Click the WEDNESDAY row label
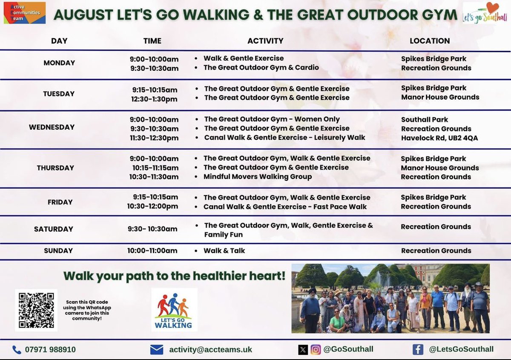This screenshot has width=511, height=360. tap(52, 127)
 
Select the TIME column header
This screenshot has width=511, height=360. tap(152, 41)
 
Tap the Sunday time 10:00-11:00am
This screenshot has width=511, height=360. tap(152, 251)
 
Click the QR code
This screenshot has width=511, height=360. tap(36, 310)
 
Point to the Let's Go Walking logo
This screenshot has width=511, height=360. tap(174, 310)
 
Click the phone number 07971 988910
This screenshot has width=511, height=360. tap(51, 350)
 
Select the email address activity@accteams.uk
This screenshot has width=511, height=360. tap(210, 350)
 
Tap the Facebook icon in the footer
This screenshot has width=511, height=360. tap(418, 349)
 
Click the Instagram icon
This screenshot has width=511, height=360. tap(316, 350)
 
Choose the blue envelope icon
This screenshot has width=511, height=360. tap(157, 350)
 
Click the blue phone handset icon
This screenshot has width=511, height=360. tap(17, 350)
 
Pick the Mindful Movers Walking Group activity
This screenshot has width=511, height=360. tap(257, 177)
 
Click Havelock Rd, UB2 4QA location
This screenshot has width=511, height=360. tap(439, 138)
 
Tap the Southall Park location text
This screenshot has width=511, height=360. tap(425, 120)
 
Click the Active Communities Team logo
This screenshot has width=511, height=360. tap(24, 13)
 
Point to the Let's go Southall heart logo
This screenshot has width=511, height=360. tap(485, 13)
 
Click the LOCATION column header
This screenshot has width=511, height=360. tap(430, 41)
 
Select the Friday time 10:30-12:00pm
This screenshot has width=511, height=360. tap(152, 207)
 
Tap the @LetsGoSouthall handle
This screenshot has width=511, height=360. tap(461, 349)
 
